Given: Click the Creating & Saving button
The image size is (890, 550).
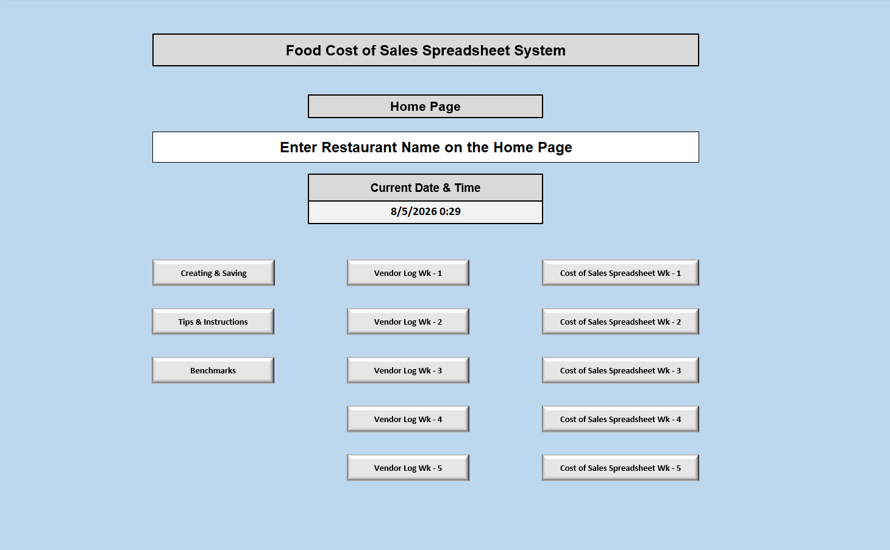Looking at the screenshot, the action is [x=213, y=273].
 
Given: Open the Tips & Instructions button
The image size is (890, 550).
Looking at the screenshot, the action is [x=213, y=322].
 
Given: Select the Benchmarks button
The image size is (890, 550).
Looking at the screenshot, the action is [x=213, y=370].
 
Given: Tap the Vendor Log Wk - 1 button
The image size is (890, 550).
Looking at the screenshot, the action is [x=408, y=273].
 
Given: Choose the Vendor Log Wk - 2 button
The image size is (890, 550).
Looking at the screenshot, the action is [x=408, y=322].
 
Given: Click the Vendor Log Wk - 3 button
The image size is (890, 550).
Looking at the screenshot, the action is [x=408, y=370].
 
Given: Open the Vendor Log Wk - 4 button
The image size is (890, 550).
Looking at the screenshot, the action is [x=408, y=419].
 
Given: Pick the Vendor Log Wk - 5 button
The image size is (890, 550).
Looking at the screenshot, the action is [x=408, y=468].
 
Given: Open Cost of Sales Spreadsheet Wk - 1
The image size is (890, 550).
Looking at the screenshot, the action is [x=620, y=273].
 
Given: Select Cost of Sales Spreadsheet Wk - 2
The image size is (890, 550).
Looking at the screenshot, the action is [x=620, y=322].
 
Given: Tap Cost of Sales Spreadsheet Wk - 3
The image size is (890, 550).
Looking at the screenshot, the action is [x=620, y=370].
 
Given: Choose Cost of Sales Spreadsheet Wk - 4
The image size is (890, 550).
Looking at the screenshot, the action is [x=620, y=419].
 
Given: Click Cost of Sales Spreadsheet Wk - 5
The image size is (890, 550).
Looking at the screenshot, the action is [x=620, y=468].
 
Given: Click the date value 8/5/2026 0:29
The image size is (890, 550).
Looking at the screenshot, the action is [x=425, y=211].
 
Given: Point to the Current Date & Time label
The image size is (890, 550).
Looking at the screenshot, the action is [x=425, y=188].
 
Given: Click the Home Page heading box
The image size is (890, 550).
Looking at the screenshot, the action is [x=425, y=107].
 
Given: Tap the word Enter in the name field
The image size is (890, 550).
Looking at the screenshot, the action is [x=298, y=147].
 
